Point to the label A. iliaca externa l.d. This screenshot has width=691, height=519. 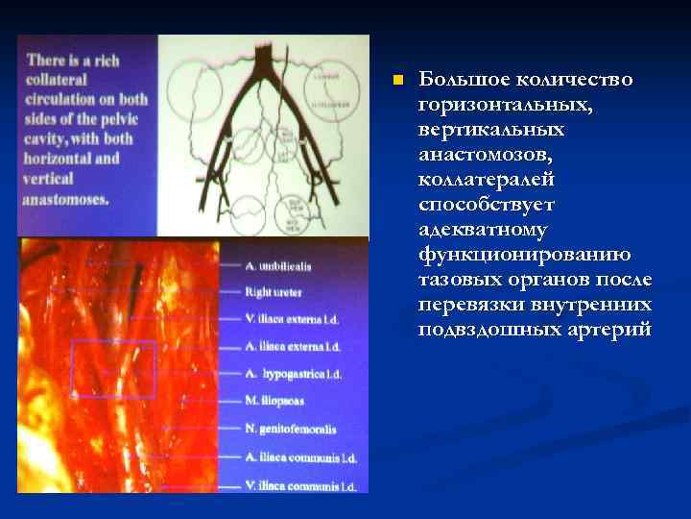292,344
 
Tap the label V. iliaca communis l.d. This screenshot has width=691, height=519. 299,485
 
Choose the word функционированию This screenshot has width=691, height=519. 524,255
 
